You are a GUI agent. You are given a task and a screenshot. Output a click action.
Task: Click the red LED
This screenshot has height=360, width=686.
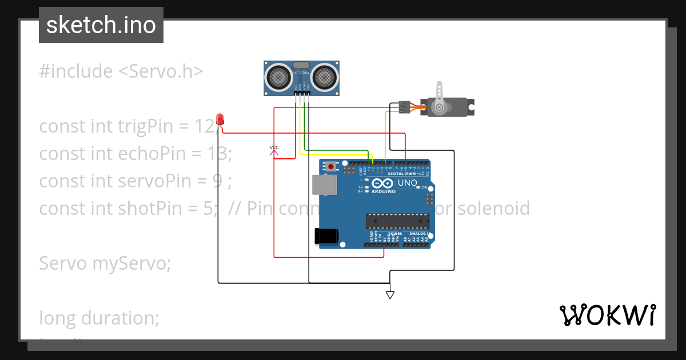pyautogui.click(x=221, y=119)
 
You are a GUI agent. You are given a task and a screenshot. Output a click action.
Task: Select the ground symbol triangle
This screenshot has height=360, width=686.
pyautogui.click(x=390, y=295)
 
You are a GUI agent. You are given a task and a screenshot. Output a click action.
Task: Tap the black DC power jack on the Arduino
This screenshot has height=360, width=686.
pyautogui.click(x=327, y=236)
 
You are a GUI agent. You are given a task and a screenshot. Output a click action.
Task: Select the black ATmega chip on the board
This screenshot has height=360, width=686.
pyautogui.click(x=398, y=222)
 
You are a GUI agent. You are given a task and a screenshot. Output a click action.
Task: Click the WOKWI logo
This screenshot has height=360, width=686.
pyautogui.click(x=607, y=315)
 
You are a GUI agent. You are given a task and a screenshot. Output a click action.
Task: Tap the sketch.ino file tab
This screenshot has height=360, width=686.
pyautogui.click(x=101, y=25)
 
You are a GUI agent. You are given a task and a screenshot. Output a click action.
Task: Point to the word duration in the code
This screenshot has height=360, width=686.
pyautogui.click(x=121, y=318)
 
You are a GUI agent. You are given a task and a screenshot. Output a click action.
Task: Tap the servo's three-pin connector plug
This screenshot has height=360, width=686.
pyautogui.click(x=405, y=107)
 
